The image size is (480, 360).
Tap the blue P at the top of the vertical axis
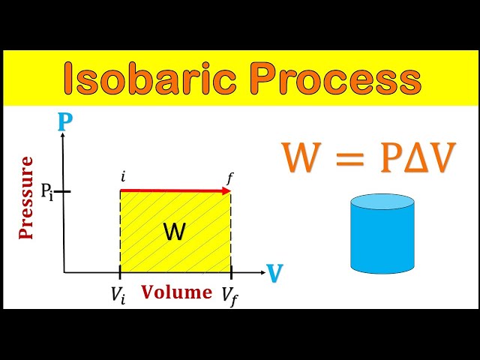tap(64, 121)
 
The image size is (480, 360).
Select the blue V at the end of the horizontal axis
tap(275, 274)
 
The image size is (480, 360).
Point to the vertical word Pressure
tap(27, 197)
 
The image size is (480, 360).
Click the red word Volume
tap(177, 292)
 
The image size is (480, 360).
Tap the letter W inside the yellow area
tap(174, 233)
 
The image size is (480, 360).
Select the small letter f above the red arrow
tap(230, 178)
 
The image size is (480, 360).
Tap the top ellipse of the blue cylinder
tap(382, 202)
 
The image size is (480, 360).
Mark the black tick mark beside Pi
tap(63, 192)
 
